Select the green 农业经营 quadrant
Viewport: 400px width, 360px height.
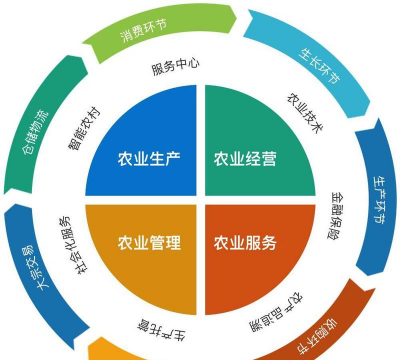click(x=250, y=150)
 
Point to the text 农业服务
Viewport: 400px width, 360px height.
click(x=245, y=242)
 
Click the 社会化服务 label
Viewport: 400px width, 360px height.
click(x=66, y=240)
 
